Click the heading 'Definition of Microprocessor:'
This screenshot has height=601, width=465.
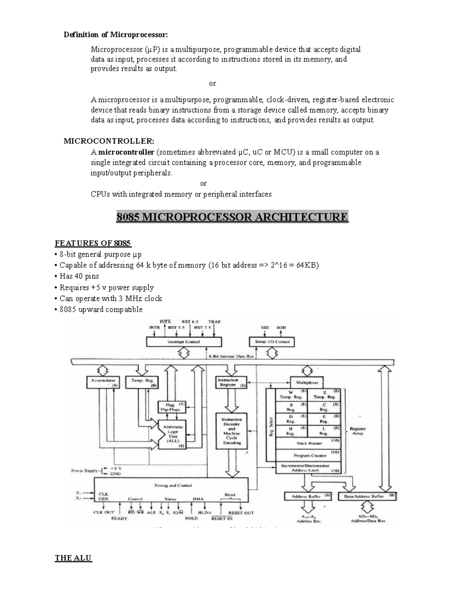coord(116,35)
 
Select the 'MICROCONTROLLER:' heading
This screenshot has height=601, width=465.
coord(109,141)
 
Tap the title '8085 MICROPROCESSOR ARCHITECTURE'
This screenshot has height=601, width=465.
coord(232,217)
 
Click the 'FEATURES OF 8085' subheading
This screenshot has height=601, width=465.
coord(93,243)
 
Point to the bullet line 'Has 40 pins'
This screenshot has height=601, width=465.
coord(79,276)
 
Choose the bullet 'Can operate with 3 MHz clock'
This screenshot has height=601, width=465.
coord(110,298)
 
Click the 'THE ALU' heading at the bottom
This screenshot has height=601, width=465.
coord(73,558)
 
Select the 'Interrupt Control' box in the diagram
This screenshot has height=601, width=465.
coord(184,342)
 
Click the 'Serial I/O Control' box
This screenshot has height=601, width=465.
coord(272,342)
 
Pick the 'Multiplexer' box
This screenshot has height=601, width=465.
coord(307,382)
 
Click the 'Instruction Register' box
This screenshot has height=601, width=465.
coord(231,382)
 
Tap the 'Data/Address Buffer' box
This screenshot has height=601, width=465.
coord(367,496)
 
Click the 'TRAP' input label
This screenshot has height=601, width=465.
coord(214,322)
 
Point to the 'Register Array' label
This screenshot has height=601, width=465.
coord(357,431)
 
